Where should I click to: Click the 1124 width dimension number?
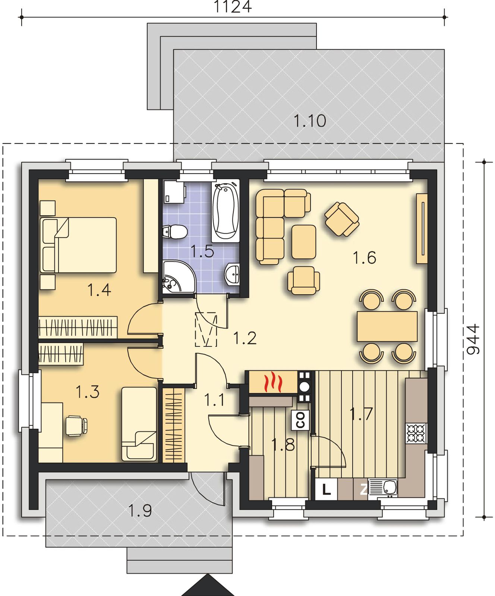pos(233,7)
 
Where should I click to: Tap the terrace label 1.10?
pos(310,121)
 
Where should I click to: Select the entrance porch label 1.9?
pos(140,510)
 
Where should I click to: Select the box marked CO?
pos(300,419)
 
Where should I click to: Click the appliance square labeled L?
pos(327,489)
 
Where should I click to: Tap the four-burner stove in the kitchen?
pos(416,433)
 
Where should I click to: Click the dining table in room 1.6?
pos(387,326)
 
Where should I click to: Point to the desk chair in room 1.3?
pos(77,425)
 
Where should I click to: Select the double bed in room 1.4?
pos(78,245)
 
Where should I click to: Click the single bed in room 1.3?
pos(139,424)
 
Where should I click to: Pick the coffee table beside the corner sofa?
pos(304,242)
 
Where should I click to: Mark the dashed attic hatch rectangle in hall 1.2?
pos(206,329)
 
